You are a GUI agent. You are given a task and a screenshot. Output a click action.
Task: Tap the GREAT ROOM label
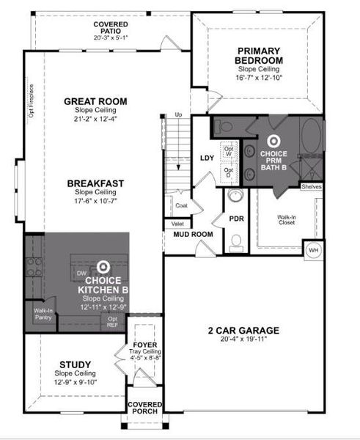click(95, 101)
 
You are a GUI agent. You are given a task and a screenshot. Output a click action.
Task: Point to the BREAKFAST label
click(95, 183)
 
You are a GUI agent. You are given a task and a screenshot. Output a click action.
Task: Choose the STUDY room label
click(74, 364)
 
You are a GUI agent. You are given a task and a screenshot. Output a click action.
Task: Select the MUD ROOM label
click(192, 235)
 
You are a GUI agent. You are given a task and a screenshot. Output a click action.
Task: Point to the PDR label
click(236, 218)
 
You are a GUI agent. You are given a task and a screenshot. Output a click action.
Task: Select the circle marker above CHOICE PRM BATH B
click(274, 139)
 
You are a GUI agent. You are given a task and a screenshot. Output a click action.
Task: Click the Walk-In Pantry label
click(41, 313)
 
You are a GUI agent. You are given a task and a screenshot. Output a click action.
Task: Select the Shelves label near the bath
click(311, 187)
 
